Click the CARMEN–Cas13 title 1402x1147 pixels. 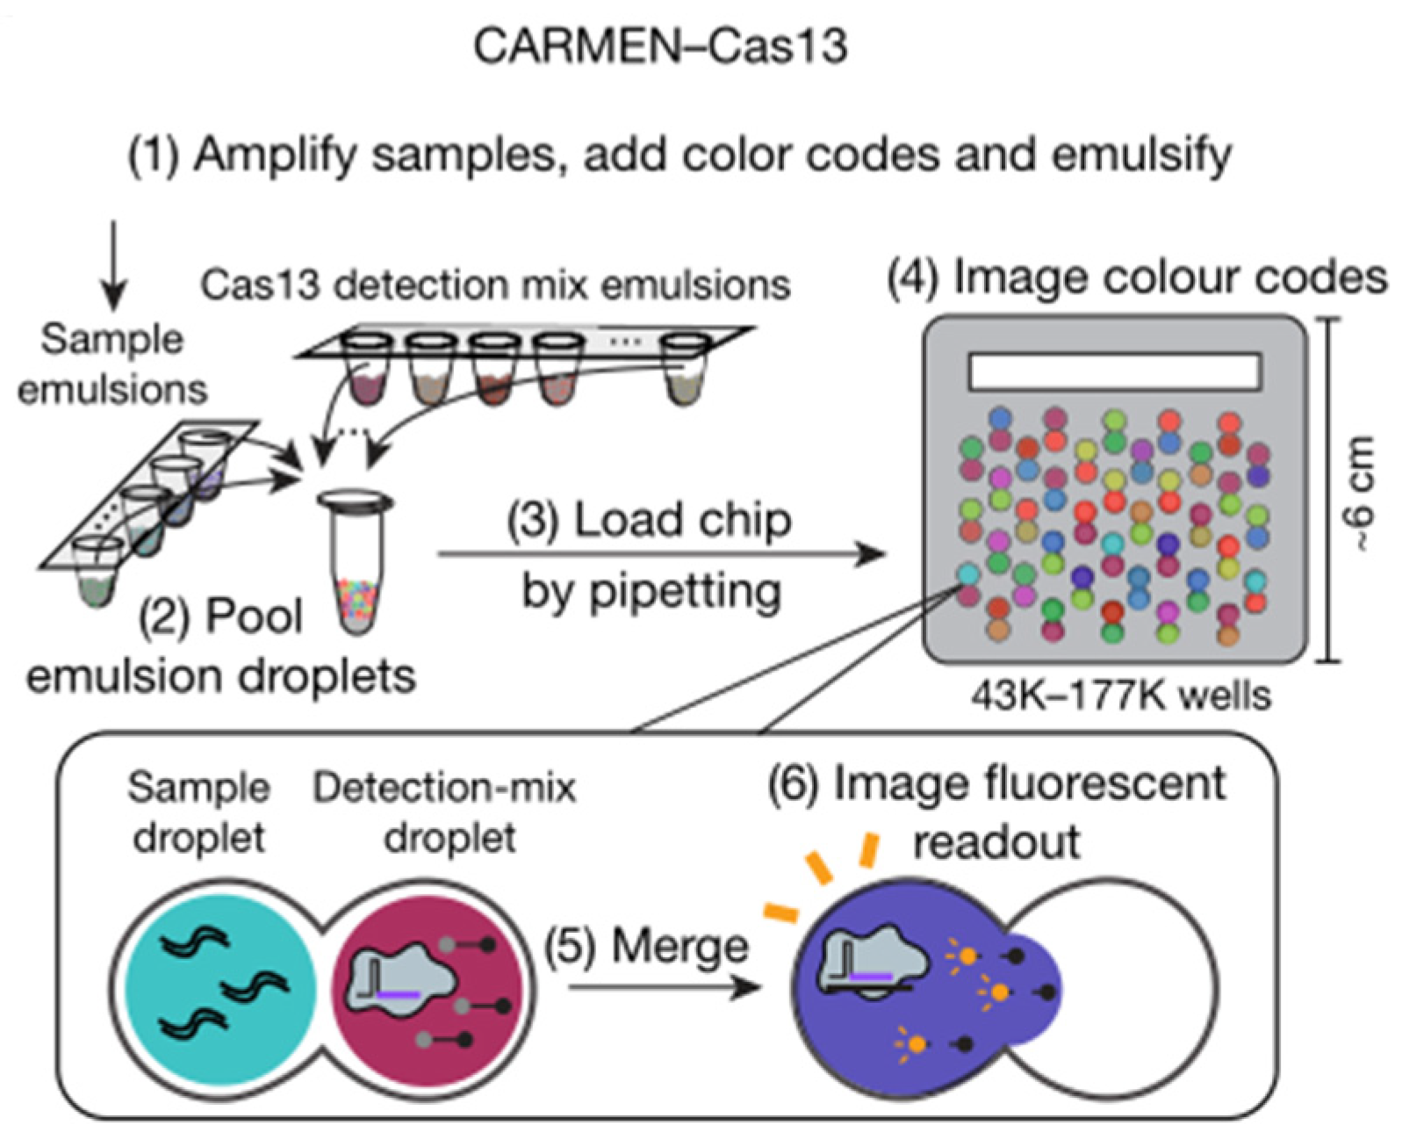[660, 46]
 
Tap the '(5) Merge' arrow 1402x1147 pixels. [663, 988]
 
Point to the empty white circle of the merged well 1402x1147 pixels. [1132, 988]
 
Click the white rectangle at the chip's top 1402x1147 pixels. [1115, 371]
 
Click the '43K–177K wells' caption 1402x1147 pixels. [1121, 696]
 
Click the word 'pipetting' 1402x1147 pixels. [651, 591]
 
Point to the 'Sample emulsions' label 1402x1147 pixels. [111, 364]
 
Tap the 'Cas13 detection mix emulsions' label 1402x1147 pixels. [495, 285]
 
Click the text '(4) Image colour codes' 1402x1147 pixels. [1138, 278]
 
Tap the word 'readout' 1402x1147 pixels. [996, 841]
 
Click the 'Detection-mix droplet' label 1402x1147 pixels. [445, 812]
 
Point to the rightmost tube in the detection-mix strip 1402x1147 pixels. [686, 369]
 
